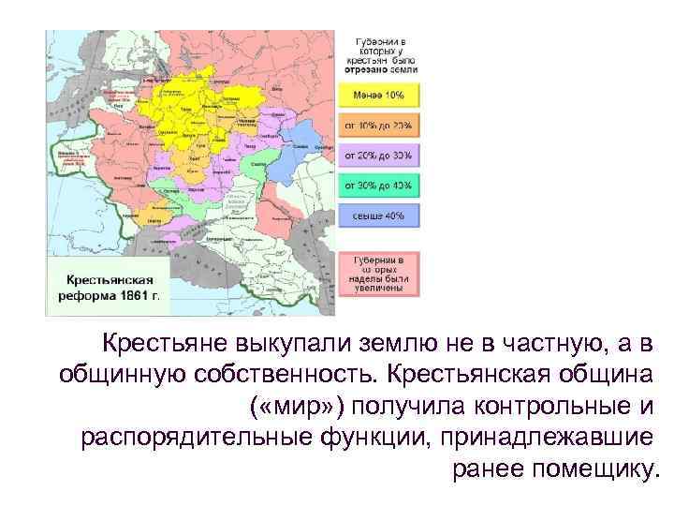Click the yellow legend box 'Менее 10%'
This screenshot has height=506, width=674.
[x=385, y=96]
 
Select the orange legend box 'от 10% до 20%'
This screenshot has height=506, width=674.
[x=385, y=126]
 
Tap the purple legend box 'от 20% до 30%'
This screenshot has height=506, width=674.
[x=385, y=156]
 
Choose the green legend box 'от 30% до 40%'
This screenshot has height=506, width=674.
[x=385, y=186]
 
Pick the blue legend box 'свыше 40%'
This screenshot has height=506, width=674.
[x=385, y=216]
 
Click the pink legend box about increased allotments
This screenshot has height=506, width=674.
[x=385, y=274]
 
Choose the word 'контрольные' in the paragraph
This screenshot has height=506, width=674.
[x=544, y=406]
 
